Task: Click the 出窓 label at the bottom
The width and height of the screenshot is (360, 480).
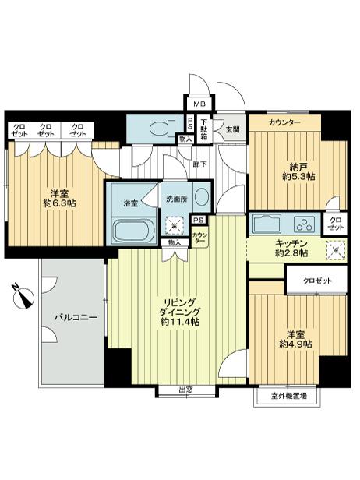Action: [x=185, y=390]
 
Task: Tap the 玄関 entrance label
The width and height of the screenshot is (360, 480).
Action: [x=233, y=129]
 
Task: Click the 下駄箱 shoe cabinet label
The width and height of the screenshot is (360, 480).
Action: [x=205, y=127]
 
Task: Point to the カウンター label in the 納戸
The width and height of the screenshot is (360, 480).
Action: [x=284, y=123]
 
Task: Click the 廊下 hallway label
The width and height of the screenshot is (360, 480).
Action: [x=199, y=164]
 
